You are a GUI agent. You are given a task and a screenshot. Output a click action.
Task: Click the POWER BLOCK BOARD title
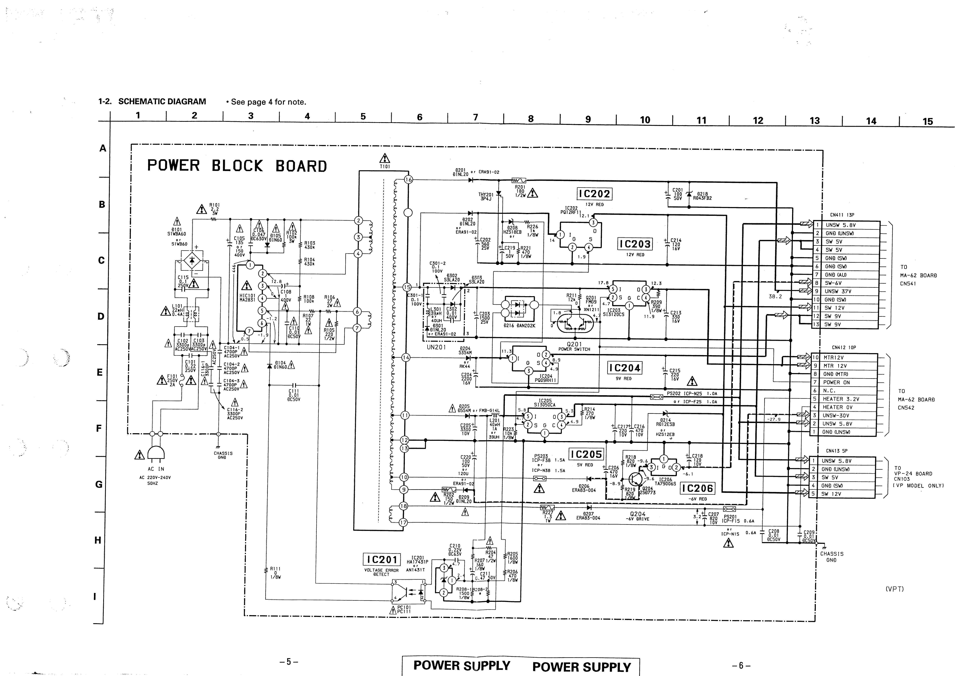237,166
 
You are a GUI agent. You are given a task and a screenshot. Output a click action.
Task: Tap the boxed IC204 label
624,368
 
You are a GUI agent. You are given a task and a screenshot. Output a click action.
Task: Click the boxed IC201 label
381,559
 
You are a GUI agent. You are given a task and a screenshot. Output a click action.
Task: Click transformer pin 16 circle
408,180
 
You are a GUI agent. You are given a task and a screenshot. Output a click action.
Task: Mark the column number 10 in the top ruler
645,120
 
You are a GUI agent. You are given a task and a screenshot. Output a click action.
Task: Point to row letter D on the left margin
101,316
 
